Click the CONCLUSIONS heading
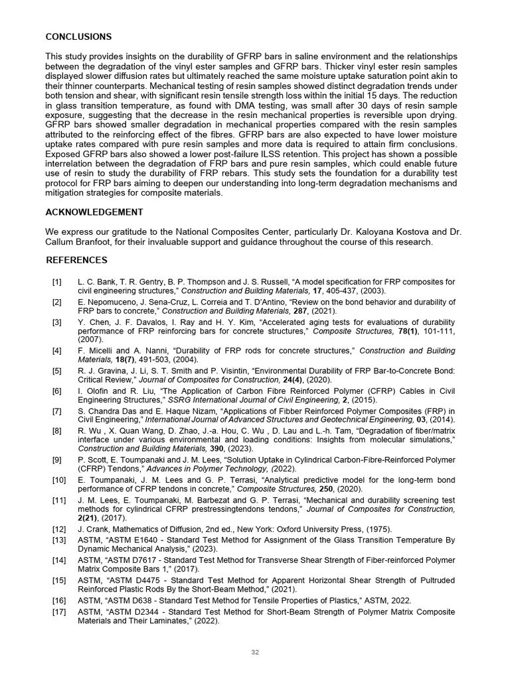[78, 36]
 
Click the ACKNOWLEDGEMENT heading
[94, 212]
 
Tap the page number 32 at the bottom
[255, 652]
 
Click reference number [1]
[57, 282]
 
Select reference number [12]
[59, 528]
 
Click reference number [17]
[59, 611]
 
